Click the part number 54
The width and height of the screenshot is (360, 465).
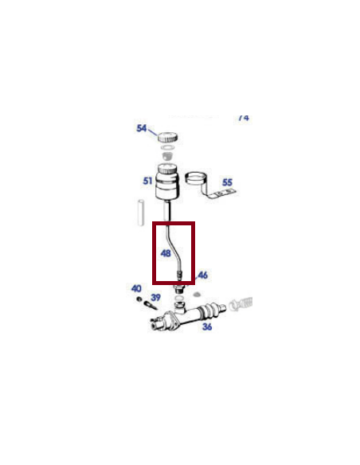coord(142,129)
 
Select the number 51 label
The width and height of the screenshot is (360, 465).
coord(147,182)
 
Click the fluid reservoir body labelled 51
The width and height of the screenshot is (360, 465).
coord(167,186)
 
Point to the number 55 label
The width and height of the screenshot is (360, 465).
coord(227,182)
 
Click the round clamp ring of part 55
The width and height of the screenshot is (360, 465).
coord(197,178)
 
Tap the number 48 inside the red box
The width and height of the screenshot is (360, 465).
coord(165,254)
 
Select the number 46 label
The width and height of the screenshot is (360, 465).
coord(202,275)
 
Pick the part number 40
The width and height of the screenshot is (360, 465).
coord(136,288)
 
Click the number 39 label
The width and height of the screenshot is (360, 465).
coord(155,297)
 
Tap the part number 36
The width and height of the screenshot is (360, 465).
coord(206,326)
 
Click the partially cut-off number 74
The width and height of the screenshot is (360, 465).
coord(243,118)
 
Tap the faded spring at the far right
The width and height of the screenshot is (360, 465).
coord(242,303)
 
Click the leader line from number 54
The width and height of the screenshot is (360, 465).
coord(153,132)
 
